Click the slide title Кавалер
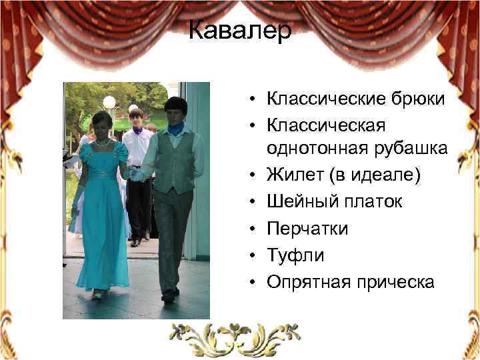[239, 31]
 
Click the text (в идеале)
[360, 176]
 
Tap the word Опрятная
[304, 281]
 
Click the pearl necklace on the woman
[102, 143]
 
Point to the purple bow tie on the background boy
[137, 132]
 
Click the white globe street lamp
[109, 102]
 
